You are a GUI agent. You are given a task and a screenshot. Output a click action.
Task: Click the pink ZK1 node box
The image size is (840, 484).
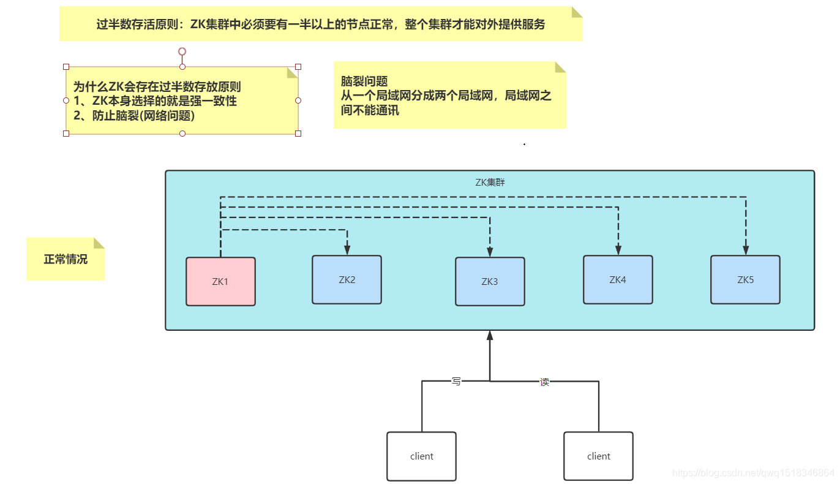coord(220,281)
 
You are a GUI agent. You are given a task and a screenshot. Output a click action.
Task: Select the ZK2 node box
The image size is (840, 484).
coord(347,279)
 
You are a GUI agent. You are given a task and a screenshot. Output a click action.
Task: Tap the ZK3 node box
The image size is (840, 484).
coord(490,281)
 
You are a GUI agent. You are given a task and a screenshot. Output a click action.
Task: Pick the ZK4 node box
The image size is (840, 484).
coord(618,279)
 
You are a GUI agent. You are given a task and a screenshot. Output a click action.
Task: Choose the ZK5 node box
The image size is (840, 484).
coord(745,279)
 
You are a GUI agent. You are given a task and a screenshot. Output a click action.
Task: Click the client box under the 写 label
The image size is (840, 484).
coord(421,456)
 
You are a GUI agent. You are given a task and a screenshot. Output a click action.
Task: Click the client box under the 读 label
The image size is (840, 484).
coord(598,456)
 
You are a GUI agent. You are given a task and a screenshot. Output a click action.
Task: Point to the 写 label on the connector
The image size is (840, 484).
coord(456,381)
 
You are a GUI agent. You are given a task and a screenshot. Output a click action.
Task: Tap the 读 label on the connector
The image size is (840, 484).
coord(544,382)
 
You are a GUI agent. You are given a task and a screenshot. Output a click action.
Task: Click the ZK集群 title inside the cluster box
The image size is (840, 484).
coord(490,182)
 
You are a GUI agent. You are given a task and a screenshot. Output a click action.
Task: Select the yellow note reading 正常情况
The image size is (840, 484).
coord(66,259)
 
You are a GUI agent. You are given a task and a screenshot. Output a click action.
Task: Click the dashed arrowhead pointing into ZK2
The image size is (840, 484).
coord(347,250)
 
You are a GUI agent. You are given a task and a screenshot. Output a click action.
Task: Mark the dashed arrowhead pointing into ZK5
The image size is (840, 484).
coord(746,250)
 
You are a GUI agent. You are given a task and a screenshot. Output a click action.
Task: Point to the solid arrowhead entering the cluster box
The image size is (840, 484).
coord(489,336)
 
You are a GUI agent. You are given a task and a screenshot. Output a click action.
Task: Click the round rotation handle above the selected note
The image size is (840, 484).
coord(182,51)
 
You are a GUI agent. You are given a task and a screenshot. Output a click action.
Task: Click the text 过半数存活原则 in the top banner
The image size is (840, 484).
coord(138,25)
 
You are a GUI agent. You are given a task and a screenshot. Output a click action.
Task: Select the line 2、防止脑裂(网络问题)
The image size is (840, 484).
coord(134,115)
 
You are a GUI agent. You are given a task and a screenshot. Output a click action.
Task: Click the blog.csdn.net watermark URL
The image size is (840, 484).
coord(753,473)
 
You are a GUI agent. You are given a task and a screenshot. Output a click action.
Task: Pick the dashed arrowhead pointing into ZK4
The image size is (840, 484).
coord(618,250)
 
